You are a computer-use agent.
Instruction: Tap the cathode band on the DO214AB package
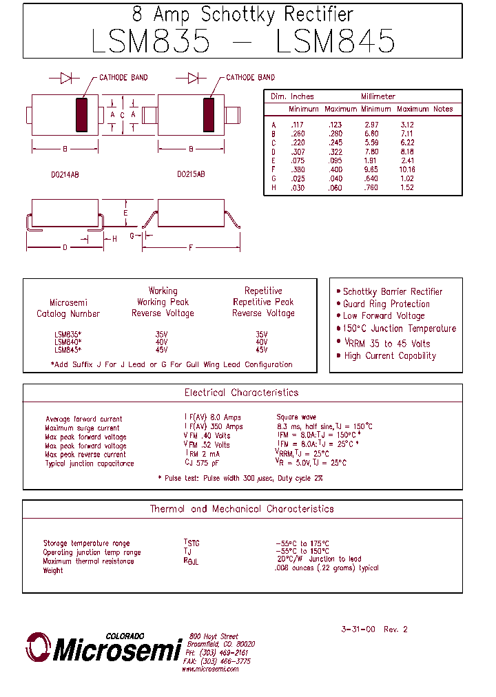(83, 114)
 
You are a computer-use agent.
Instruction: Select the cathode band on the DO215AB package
(209, 114)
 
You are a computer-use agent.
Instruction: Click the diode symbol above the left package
(66, 78)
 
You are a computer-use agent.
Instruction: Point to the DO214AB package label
(65, 175)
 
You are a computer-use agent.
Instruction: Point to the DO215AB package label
(191, 175)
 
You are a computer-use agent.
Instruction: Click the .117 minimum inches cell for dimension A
(298, 125)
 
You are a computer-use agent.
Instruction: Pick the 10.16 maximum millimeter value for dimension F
(407, 169)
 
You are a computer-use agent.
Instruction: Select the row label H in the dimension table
(273, 187)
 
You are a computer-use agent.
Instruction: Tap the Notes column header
(443, 109)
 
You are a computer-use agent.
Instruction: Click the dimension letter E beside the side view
(125, 213)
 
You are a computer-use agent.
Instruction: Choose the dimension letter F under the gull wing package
(191, 247)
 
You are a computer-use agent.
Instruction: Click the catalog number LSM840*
(68, 341)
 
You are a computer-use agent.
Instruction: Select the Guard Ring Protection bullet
(386, 304)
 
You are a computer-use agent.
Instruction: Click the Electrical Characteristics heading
(242, 393)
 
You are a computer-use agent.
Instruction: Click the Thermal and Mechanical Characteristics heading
(242, 509)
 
